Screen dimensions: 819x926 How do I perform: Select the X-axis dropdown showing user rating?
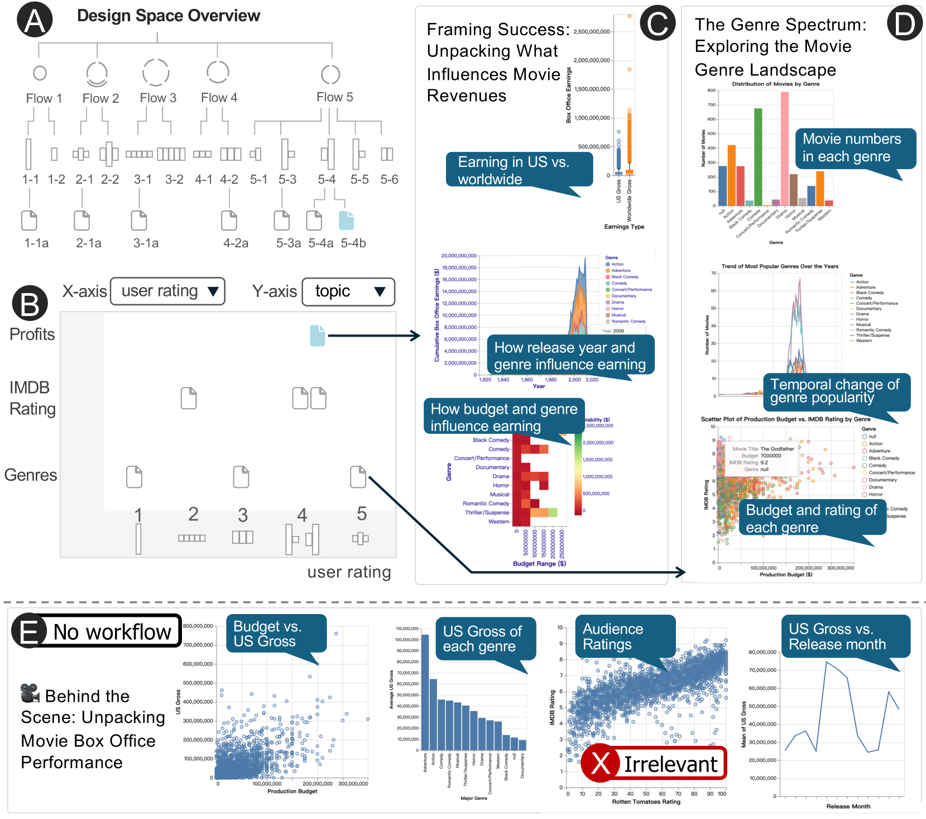tap(167, 291)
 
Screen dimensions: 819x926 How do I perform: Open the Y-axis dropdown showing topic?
tap(348, 291)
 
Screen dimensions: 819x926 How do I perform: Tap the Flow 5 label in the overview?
tap(334, 97)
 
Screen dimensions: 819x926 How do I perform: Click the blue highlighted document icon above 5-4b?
tap(346, 221)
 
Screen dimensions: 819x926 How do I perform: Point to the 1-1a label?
tap(36, 243)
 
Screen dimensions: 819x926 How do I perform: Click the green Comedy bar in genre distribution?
tap(758, 156)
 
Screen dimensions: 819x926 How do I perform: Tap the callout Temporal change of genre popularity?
tap(835, 391)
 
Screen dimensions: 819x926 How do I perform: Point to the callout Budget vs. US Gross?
tap(276, 634)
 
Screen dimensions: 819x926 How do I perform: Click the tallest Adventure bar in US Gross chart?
tap(425, 692)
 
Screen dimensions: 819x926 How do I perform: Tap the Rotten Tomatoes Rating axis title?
tap(646, 802)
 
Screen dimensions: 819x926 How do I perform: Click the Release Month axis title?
tap(848, 806)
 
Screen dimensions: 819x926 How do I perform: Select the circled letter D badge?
tap(904, 23)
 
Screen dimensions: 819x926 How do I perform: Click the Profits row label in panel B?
tap(32, 334)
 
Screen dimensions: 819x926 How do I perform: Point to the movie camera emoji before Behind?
tap(30, 693)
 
